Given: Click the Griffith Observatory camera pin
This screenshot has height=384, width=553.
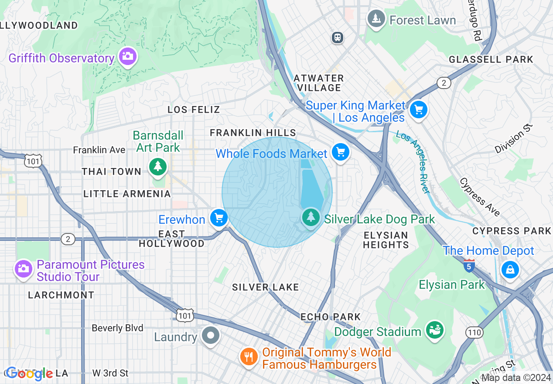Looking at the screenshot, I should [127, 56].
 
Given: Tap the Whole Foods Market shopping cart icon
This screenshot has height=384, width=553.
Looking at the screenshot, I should [341, 152].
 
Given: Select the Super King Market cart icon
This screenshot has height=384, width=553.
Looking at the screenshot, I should [419, 109].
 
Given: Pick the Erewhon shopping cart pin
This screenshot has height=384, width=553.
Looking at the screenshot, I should [218, 218].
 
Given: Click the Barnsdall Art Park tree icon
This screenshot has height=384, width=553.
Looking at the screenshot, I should [157, 167].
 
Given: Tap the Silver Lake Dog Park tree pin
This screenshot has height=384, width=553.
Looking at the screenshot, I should [311, 216].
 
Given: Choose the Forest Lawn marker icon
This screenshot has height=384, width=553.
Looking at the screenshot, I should [375, 19].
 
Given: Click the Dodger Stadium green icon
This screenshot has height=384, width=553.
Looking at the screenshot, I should [434, 330].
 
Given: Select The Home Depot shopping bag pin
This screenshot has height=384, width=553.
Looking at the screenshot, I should [509, 269].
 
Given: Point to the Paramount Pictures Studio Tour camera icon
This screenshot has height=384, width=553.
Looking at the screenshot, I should [24, 268].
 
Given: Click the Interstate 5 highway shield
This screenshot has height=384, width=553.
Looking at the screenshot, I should [469, 265].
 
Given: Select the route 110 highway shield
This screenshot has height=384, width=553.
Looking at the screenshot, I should [474, 333].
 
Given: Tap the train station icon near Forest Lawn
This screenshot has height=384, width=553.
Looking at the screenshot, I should [337, 38].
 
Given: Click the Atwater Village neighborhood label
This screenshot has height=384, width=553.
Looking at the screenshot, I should [319, 83].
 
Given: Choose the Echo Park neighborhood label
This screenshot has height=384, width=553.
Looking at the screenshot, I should [331, 317].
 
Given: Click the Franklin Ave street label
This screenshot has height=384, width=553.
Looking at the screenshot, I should [99, 150].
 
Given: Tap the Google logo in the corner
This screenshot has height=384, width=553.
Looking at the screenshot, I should [30, 374].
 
